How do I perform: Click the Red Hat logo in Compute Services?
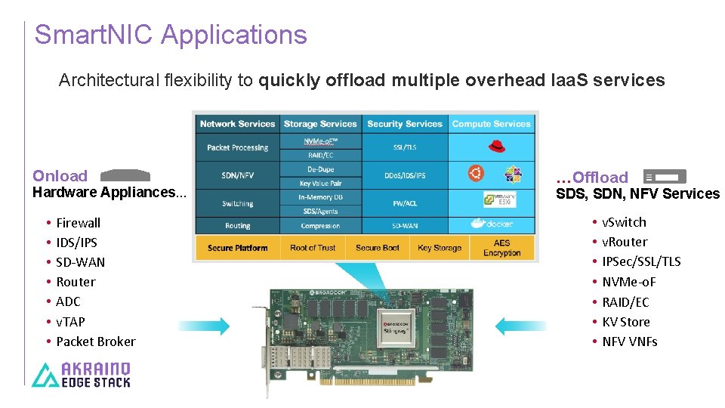click(x=492, y=147)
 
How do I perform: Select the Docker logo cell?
click(x=492, y=224)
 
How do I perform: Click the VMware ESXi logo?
click(x=499, y=200)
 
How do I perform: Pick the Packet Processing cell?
click(x=238, y=147)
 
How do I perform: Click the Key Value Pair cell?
click(x=320, y=183)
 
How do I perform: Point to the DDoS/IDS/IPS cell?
click(x=405, y=175)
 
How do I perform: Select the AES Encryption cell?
click(x=502, y=248)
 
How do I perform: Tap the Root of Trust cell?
click(x=313, y=248)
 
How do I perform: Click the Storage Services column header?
click(x=320, y=124)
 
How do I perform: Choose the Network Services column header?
click(x=238, y=124)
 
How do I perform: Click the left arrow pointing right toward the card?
click(x=205, y=326)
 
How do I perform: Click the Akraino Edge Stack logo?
click(x=82, y=375)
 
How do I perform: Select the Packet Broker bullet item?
click(x=96, y=342)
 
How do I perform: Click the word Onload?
click(x=60, y=176)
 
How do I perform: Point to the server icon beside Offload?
click(x=665, y=177)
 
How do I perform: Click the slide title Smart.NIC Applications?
click(x=171, y=35)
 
